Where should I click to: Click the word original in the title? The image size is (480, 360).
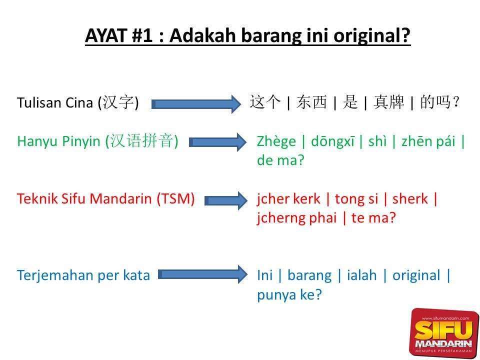[x=371, y=36]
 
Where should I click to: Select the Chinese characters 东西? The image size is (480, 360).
[x=311, y=102]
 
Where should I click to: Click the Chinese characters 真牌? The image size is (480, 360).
[x=389, y=102]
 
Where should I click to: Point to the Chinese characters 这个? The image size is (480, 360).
[x=265, y=102]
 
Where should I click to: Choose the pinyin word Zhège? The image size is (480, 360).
[x=276, y=141]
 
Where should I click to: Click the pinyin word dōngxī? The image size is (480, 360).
[x=332, y=141]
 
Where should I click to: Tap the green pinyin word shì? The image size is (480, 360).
[x=377, y=141]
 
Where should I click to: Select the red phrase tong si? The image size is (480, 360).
[x=356, y=199]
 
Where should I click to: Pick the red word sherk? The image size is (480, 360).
[x=410, y=198]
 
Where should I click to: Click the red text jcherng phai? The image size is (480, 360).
[x=296, y=218]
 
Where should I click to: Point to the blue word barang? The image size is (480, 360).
[x=309, y=276]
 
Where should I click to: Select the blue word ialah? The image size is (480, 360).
[x=361, y=275]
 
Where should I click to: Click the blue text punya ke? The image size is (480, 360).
[x=289, y=295]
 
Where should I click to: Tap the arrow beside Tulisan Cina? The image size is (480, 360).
[x=196, y=104]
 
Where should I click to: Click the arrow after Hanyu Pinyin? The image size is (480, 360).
[x=217, y=142]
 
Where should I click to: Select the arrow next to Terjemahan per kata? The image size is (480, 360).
[x=202, y=274]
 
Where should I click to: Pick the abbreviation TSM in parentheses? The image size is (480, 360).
[x=175, y=199]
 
